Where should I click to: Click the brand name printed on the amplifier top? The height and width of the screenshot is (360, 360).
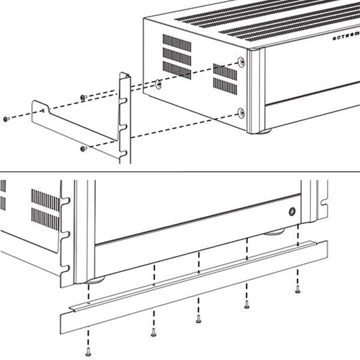tap(345, 38)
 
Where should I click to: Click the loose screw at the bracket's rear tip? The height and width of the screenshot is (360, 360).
tap(5, 119)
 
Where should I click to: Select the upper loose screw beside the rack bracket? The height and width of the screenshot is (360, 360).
tap(83, 97)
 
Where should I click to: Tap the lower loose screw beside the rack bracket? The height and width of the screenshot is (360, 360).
tap(83, 148)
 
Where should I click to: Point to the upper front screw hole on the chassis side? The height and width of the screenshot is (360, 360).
tap(241, 62)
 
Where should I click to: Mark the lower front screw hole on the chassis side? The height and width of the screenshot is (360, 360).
tap(241, 112)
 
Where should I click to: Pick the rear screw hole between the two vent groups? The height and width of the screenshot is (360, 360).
tap(158, 85)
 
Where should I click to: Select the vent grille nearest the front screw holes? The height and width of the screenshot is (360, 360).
tap(225, 79)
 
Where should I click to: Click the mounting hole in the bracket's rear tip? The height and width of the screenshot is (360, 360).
tap(44, 109)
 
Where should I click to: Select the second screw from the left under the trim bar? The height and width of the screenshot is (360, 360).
tap(154, 332)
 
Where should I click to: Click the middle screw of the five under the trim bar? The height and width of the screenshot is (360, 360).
tap(199, 319)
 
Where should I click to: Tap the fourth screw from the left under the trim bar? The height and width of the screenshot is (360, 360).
tap(247, 305)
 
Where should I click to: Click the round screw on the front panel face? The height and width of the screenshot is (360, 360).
tap(292, 211)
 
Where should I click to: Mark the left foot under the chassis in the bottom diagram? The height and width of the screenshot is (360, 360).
tap(95, 280)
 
